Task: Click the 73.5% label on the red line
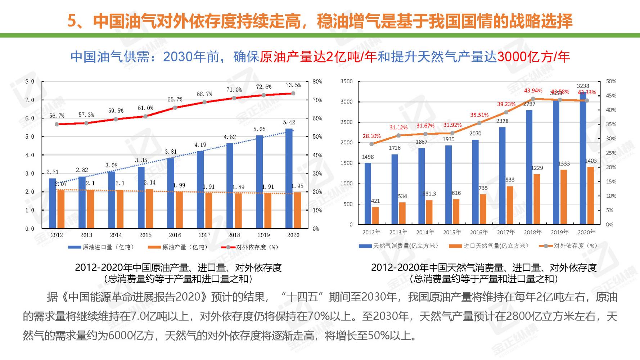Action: pyautogui.click(x=293, y=85)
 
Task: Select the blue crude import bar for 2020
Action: pyautogui.click(x=289, y=178)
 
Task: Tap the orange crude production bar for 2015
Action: pyautogui.click(x=149, y=208)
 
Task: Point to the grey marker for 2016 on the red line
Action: pyautogui.click(x=175, y=107)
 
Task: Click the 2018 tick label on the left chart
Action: pyautogui.click(x=234, y=235)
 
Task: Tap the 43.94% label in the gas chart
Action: pyautogui.click(x=533, y=90)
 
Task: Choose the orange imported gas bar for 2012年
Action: pyautogui.click(x=375, y=215)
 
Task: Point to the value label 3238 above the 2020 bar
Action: pyautogui.click(x=583, y=86)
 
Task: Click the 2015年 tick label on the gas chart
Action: pyautogui.click(x=452, y=232)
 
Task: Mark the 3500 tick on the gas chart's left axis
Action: pyautogui.click(x=347, y=81)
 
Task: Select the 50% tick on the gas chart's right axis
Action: pyautogui.click(x=611, y=81)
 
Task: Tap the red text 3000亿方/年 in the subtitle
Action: pyautogui.click(x=533, y=57)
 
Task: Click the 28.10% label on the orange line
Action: pyautogui.click(x=371, y=136)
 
